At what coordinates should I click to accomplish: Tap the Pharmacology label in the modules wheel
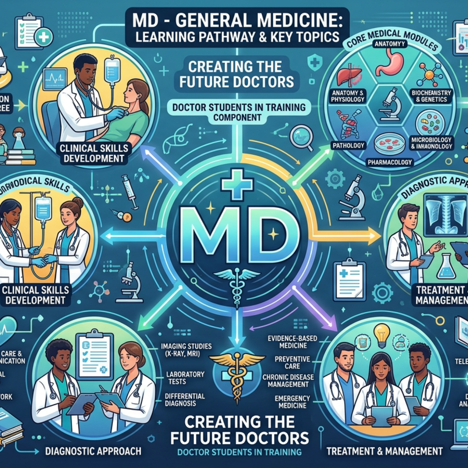click(x=391, y=162)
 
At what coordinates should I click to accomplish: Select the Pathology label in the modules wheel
click(x=348, y=145)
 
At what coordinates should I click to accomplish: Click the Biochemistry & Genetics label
click(x=431, y=96)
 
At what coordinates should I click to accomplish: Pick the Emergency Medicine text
click(x=292, y=402)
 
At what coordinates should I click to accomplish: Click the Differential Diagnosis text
click(x=184, y=399)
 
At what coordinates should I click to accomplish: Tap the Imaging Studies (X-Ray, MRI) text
click(x=186, y=350)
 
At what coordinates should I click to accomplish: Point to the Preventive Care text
click(x=292, y=362)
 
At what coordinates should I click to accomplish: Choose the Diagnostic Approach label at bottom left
click(x=93, y=451)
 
